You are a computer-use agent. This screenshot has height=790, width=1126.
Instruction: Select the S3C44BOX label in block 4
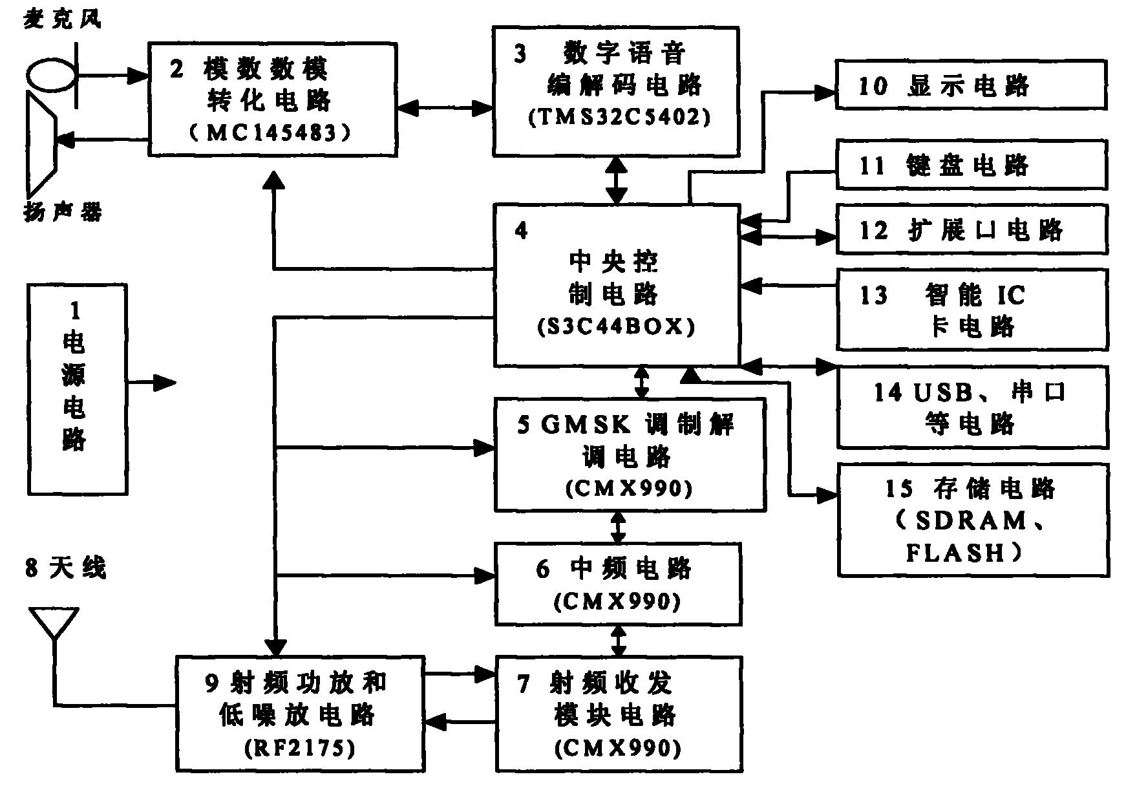pos(616,327)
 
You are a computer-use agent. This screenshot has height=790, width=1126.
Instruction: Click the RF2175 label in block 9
pos(299,749)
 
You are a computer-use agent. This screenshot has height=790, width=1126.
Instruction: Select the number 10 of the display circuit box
pos(873,85)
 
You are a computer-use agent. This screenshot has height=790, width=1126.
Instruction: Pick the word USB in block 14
pos(944,392)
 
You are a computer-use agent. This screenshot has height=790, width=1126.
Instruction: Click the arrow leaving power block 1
pos(153,383)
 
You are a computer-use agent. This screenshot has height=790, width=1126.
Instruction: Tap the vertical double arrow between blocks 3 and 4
pos(617,180)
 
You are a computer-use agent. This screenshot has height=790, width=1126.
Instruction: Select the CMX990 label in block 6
pos(617,602)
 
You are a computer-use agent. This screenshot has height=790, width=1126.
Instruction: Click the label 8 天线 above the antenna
pos(65,569)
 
